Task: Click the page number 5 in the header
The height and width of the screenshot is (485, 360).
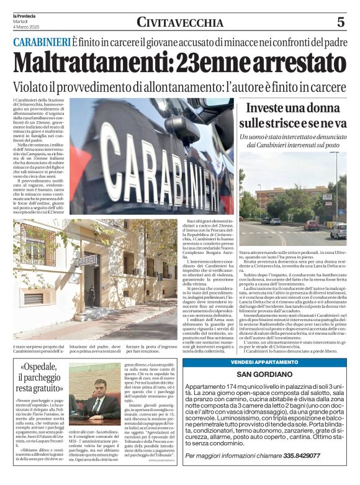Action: click(341, 22)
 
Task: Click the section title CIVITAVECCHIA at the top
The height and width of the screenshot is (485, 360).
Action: click(180, 23)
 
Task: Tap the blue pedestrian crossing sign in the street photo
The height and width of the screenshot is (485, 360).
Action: click(327, 197)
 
